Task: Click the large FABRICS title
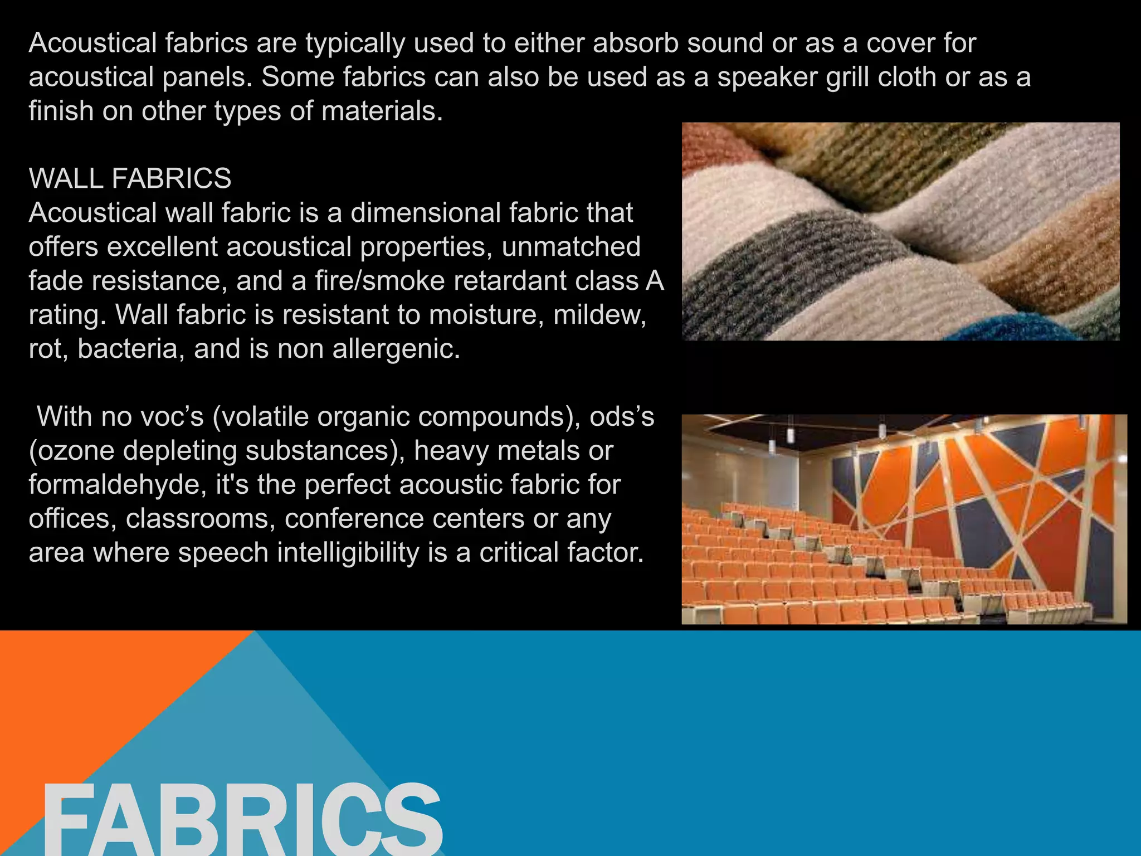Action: click(x=242, y=819)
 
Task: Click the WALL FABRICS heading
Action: click(x=130, y=178)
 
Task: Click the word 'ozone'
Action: click(x=75, y=450)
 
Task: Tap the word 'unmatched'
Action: click(x=571, y=246)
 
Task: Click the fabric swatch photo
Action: click(x=900, y=231)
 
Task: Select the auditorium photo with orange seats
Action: click(x=904, y=519)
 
